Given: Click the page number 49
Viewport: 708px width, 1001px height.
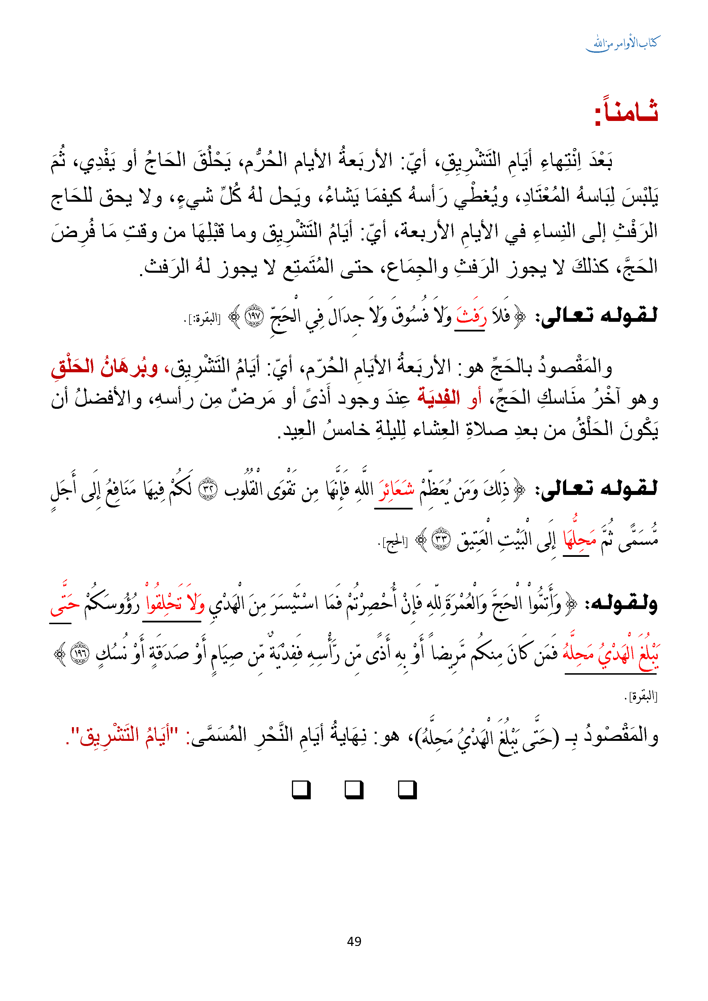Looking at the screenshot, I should click(x=354, y=941).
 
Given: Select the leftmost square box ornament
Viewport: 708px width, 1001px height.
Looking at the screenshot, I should click(x=301, y=790).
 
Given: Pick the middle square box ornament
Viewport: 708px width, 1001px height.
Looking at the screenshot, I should click(x=354, y=790).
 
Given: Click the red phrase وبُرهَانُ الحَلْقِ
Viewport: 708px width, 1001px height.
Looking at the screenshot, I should click(x=105, y=367).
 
